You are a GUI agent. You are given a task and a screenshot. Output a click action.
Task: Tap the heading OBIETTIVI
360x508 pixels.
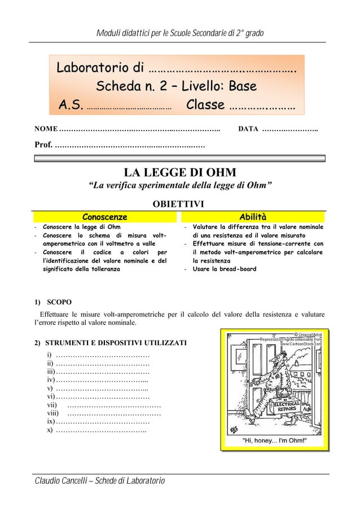(x=180, y=204)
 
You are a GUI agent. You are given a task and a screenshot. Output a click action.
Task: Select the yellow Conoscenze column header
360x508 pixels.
(x=104, y=217)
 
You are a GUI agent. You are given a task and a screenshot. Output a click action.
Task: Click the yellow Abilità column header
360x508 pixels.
(x=253, y=217)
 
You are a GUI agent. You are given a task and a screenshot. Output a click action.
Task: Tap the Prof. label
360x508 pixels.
(x=44, y=147)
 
